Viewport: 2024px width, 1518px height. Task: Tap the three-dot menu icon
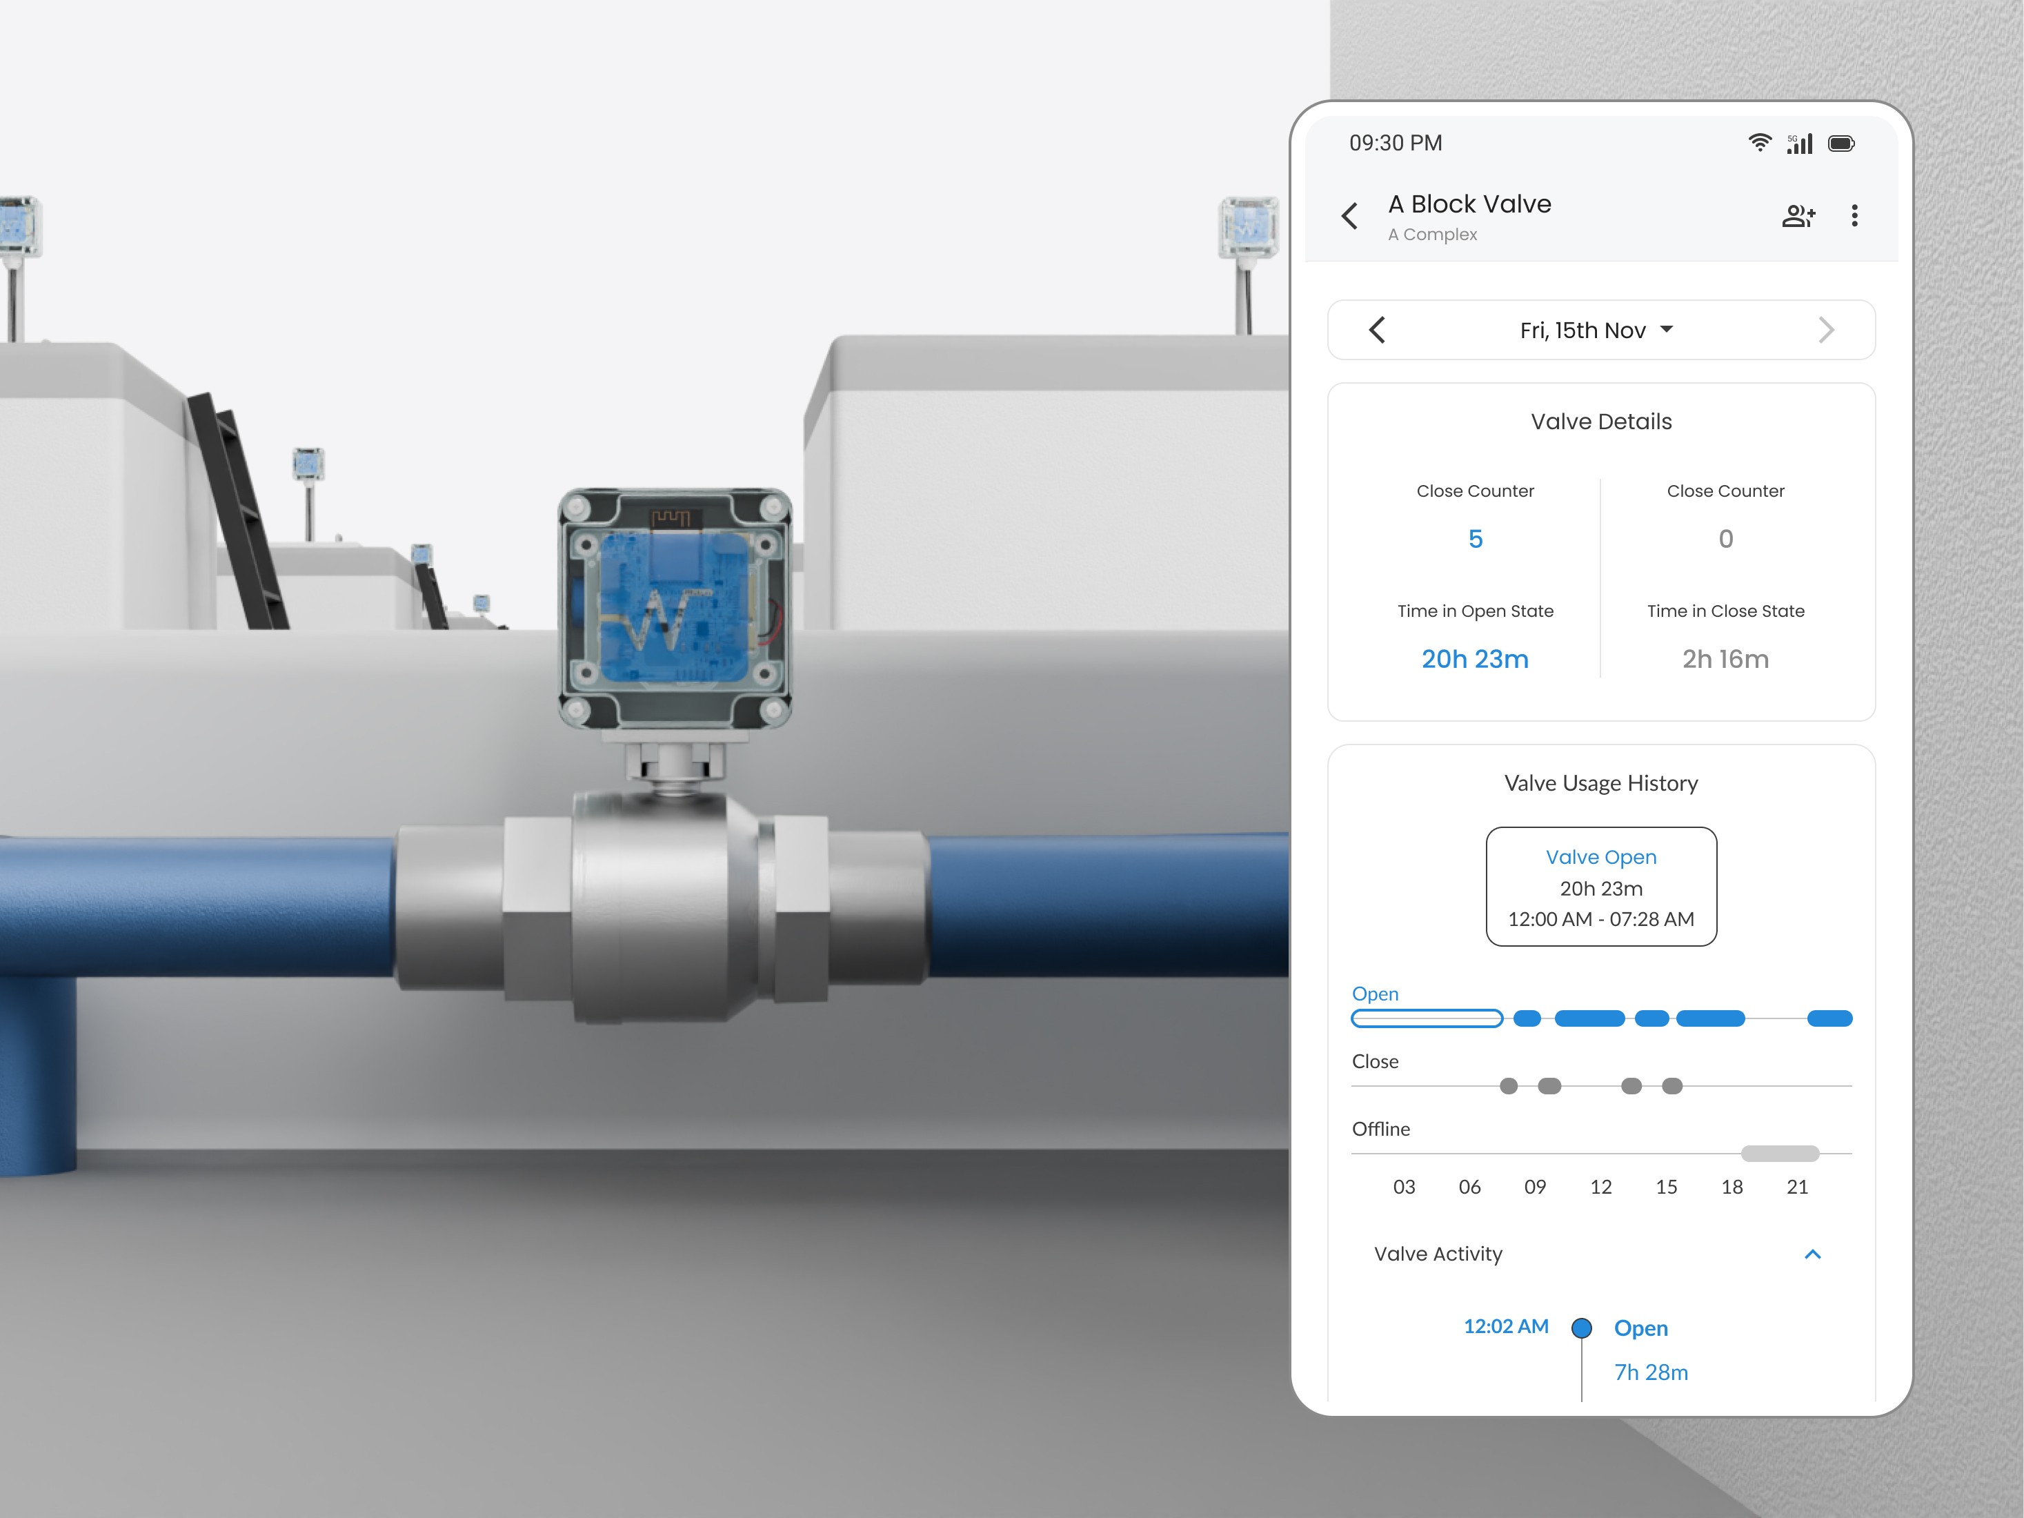pyautogui.click(x=1855, y=215)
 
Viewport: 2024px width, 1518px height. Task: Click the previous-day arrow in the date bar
pyautogui.click(x=1377, y=329)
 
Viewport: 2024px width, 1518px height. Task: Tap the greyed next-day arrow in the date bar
pyautogui.click(x=1826, y=329)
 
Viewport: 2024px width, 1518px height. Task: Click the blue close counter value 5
pyautogui.click(x=1475, y=539)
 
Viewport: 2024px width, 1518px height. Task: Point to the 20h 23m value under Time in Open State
pyautogui.click(x=1475, y=659)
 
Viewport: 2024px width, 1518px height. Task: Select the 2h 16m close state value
pyautogui.click(x=1726, y=659)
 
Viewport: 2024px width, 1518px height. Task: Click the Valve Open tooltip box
pyautogui.click(x=1601, y=887)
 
